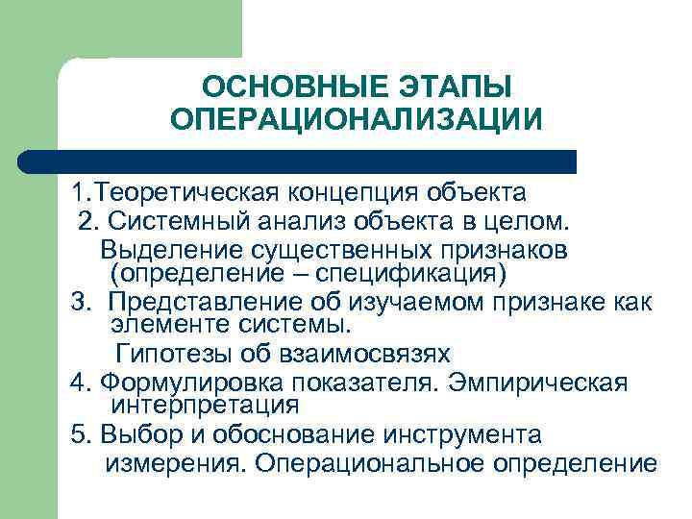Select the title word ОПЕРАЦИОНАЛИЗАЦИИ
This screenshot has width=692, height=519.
pyautogui.click(x=357, y=121)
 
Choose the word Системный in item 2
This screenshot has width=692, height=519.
pyautogui.click(x=177, y=223)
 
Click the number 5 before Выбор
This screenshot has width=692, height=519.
pyautogui.click(x=78, y=434)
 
